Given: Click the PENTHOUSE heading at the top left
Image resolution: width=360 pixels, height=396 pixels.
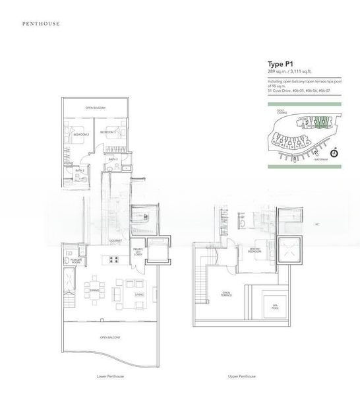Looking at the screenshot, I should point(42,23).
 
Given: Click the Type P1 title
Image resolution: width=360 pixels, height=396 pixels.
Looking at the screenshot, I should point(279,64).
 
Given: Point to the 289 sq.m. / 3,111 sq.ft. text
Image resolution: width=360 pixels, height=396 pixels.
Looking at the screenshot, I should point(290,71).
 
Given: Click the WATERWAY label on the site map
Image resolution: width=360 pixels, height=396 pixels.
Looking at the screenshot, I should point(321,160).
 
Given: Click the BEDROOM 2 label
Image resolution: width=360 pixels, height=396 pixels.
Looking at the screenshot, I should point(81,134).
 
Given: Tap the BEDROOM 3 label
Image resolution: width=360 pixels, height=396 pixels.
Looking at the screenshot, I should point(107,133).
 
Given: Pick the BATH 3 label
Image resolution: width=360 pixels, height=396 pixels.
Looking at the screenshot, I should point(113,159).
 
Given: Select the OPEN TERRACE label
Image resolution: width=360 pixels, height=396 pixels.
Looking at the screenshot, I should point(226,294).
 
